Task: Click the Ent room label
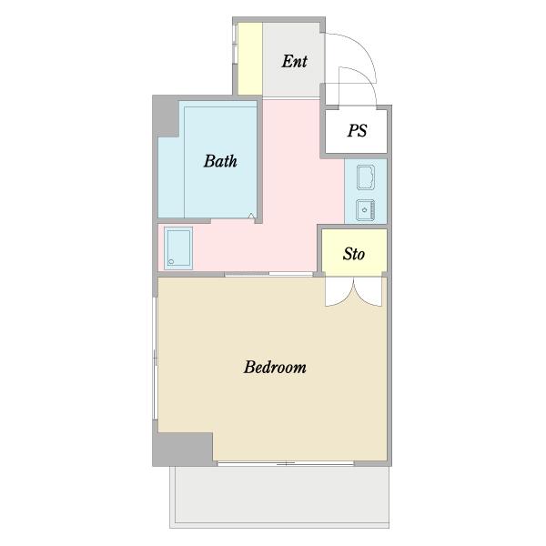[294, 61]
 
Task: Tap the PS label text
[357, 130]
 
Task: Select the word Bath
[220, 161]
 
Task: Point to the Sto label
[354, 254]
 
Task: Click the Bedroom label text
[275, 367]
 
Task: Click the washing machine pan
[178, 248]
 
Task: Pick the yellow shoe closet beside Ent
[250, 58]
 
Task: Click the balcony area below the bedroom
[279, 497]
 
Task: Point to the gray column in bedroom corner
[184, 449]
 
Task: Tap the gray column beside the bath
[167, 116]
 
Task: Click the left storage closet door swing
[339, 292]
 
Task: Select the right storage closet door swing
[368, 292]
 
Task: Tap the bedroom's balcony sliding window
[286, 463]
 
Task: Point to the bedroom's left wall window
[156, 359]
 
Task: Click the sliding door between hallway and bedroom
[268, 275]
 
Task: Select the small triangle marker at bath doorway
[251, 217]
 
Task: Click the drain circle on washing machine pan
[171, 261]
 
